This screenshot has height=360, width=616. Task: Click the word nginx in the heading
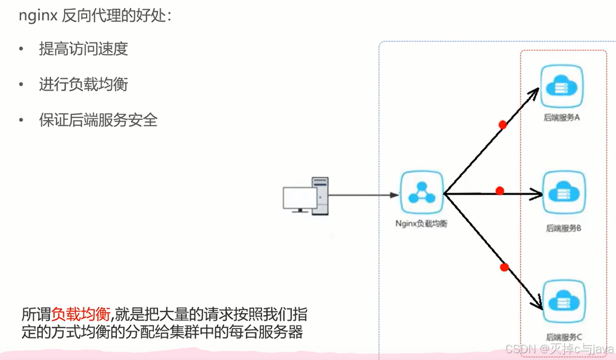click(x=36, y=16)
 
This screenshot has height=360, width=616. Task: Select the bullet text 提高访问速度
click(x=83, y=50)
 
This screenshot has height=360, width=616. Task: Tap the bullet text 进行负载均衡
click(x=83, y=84)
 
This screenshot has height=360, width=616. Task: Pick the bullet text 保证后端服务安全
click(x=98, y=120)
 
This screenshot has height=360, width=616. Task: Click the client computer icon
click(x=306, y=195)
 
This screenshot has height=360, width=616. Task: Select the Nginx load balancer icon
click(x=422, y=194)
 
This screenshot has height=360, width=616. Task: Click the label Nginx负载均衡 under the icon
click(x=422, y=224)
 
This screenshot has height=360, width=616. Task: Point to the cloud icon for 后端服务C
click(x=562, y=301)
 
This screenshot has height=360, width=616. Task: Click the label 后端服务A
click(x=562, y=117)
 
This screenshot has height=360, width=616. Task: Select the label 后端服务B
click(x=564, y=228)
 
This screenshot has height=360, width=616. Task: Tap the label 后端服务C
click(x=564, y=337)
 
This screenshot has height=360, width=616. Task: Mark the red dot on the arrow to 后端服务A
click(x=503, y=125)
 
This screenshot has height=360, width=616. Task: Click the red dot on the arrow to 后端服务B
click(x=500, y=191)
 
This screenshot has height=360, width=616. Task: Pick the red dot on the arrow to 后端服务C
click(x=504, y=267)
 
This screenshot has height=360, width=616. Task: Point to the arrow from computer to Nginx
click(x=363, y=195)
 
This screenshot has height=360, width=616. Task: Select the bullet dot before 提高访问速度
click(x=22, y=50)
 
